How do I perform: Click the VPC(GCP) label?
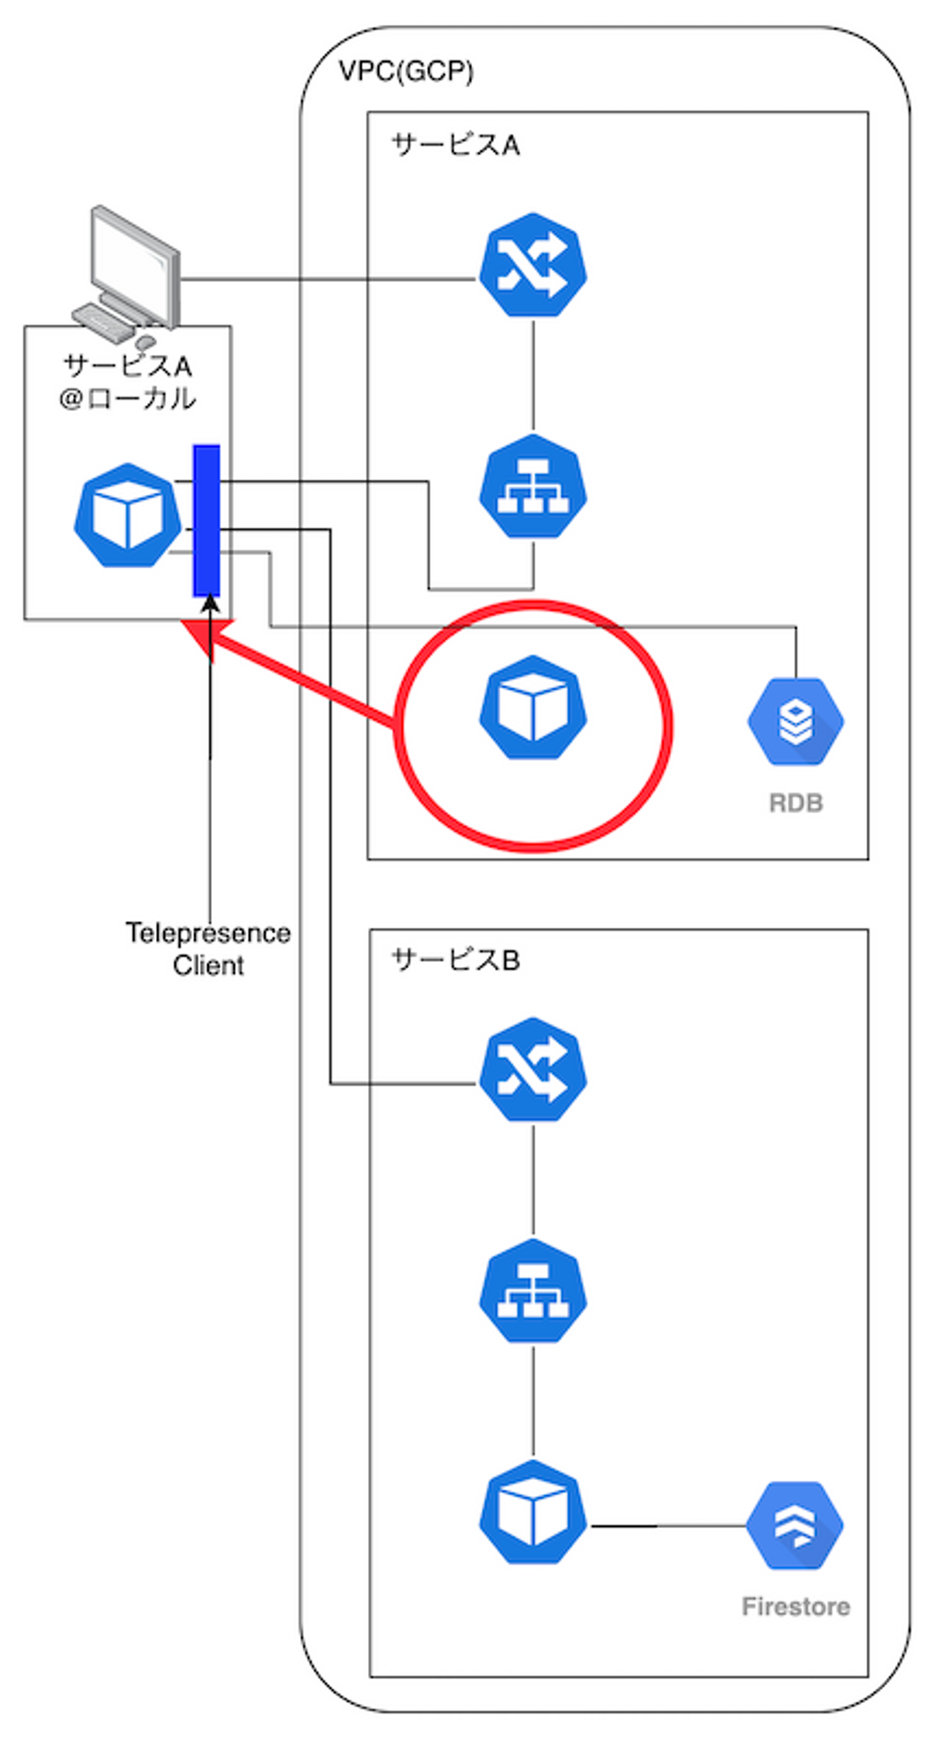pos(406,71)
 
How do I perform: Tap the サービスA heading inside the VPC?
pos(456,146)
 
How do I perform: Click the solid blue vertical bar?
pos(206,521)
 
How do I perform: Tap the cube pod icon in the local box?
pos(127,515)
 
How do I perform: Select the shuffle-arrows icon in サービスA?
pos(533,266)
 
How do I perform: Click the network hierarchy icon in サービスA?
pos(533,486)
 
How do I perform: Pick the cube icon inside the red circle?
pos(533,708)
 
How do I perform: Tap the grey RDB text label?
pos(796,803)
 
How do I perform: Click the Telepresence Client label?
pos(208,949)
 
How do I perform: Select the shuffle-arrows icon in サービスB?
pos(533,1069)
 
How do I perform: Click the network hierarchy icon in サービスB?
pos(533,1290)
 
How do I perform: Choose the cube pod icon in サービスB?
pos(533,1512)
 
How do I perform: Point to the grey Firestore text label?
pos(796,1607)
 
